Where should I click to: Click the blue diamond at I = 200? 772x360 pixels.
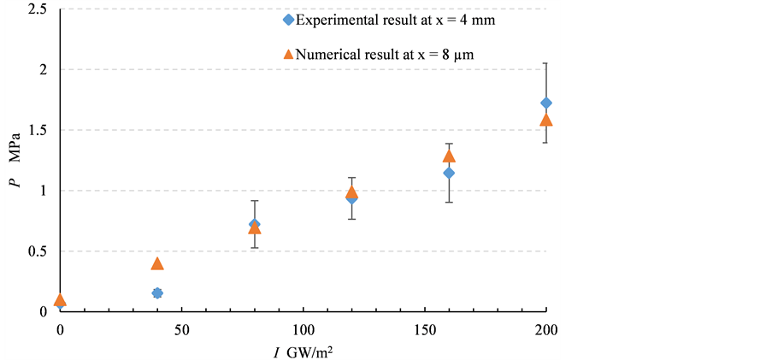click(546, 103)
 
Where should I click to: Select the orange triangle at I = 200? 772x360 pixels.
click(546, 121)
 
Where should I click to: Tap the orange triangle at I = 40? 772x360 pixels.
click(157, 263)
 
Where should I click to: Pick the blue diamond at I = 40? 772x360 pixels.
click(157, 293)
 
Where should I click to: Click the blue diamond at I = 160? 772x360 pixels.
click(449, 174)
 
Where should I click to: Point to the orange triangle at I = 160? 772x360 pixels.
click(449, 156)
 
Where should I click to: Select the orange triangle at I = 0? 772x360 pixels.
click(60, 299)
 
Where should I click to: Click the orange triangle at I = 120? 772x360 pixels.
click(351, 192)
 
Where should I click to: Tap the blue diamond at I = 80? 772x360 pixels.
click(254, 224)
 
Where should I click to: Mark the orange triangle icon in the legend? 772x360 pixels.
click(288, 54)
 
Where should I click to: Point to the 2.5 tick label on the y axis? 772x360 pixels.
click(38, 9)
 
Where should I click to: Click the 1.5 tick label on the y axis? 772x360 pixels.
click(38, 131)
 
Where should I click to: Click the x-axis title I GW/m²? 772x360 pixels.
click(300, 350)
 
